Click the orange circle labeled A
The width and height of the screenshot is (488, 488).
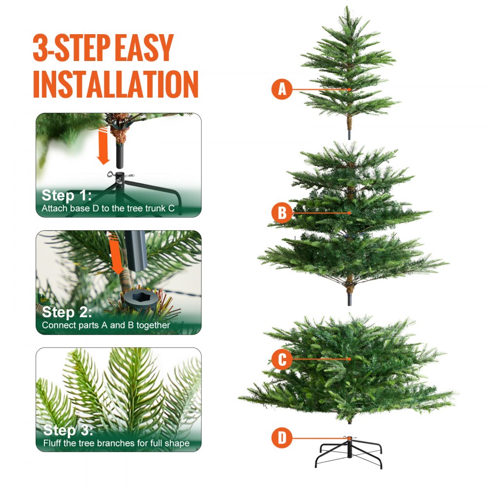[282, 89]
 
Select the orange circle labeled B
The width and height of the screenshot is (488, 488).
[282, 213]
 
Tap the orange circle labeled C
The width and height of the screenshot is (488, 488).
[282, 360]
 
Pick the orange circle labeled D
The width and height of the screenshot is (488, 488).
[282, 438]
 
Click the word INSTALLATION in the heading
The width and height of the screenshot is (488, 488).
[116, 84]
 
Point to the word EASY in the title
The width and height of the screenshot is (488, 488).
[145, 48]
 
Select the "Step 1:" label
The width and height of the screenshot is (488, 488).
[66, 196]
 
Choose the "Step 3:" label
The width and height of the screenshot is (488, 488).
[67, 430]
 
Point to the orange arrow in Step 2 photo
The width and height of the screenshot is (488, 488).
[115, 254]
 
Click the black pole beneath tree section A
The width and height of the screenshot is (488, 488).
[349, 133]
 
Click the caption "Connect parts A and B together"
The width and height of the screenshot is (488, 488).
[106, 325]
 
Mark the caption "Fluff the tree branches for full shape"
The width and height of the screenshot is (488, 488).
[116, 443]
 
